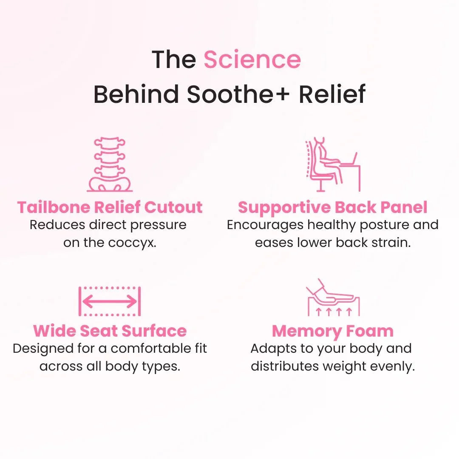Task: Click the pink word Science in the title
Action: click(252, 59)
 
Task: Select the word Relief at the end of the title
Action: click(332, 94)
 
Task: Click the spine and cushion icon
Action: click(110, 164)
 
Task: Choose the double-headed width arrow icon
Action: click(110, 301)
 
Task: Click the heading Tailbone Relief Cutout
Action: click(110, 207)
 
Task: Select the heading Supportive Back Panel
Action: click(332, 207)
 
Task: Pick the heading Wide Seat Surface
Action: click(110, 331)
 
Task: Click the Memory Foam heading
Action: click(332, 331)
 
